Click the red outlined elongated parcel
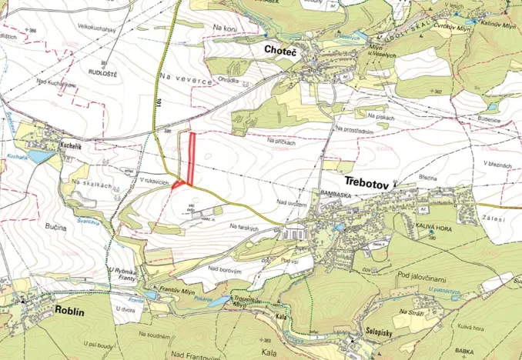tap(191, 158)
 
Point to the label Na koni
tap(226, 28)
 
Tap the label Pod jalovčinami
tap(428, 275)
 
